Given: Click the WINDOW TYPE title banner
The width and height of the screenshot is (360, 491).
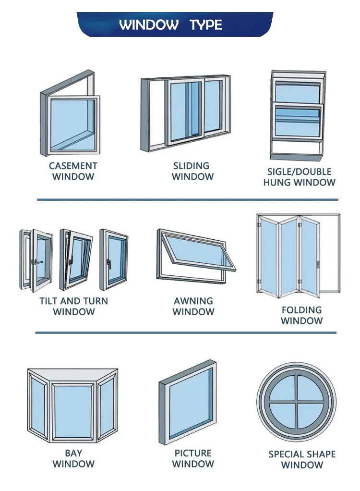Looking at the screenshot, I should click(175, 25).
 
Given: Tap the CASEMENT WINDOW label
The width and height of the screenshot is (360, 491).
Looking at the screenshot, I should click(73, 171).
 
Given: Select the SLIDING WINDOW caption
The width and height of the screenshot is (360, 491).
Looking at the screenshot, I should click(192, 171).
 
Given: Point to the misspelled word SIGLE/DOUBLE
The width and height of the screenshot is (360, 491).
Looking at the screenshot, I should click(299, 172).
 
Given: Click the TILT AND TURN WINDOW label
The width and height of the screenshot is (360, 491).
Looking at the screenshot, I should click(73, 306).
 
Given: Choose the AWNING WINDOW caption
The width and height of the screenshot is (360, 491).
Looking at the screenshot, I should click(193, 306).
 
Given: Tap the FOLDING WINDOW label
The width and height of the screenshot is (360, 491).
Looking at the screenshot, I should click(301, 315).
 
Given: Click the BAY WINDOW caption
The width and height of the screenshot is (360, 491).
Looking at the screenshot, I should click(73, 458).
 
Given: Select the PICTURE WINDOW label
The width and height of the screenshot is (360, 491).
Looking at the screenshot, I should click(193, 458).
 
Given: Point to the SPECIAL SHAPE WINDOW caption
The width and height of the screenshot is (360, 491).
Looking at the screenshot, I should click(302, 459).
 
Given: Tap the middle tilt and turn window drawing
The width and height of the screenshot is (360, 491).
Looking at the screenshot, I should click(76, 259).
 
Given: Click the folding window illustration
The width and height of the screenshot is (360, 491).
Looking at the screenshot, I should click(298, 255).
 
